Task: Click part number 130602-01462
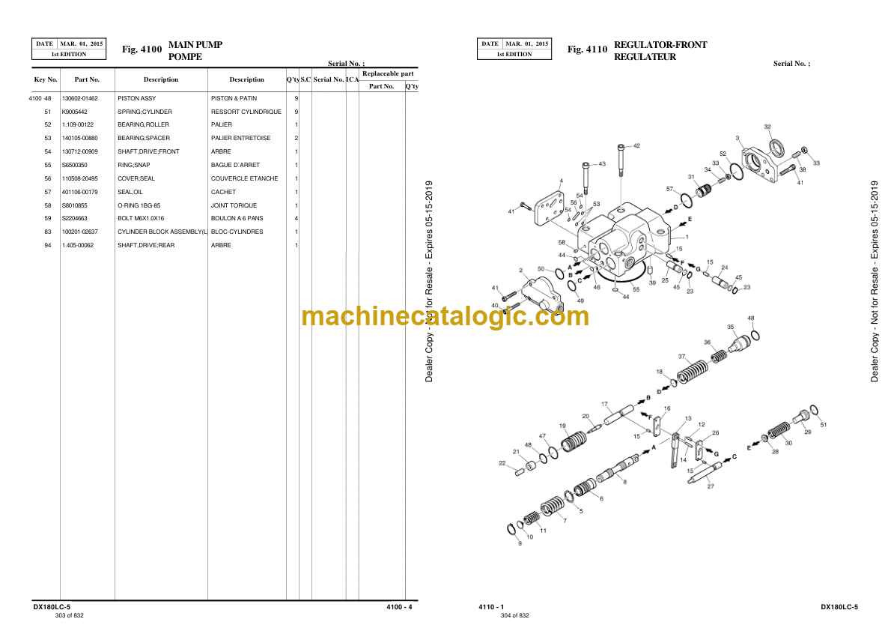coord(79,98)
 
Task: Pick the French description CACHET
coord(223,192)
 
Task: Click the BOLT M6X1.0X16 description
coord(141,219)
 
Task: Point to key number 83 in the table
coord(47,232)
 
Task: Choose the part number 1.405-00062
coord(78,245)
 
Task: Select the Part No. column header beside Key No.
coord(87,79)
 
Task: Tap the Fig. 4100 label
coord(142,50)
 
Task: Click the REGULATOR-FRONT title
coord(660,45)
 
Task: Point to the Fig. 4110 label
coord(587,50)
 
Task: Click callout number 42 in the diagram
coord(636,146)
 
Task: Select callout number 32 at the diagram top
coord(767,127)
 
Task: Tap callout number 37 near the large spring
coord(681,357)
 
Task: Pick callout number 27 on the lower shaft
coord(711,486)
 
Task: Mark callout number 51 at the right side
coord(824,426)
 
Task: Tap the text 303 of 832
coord(69,615)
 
